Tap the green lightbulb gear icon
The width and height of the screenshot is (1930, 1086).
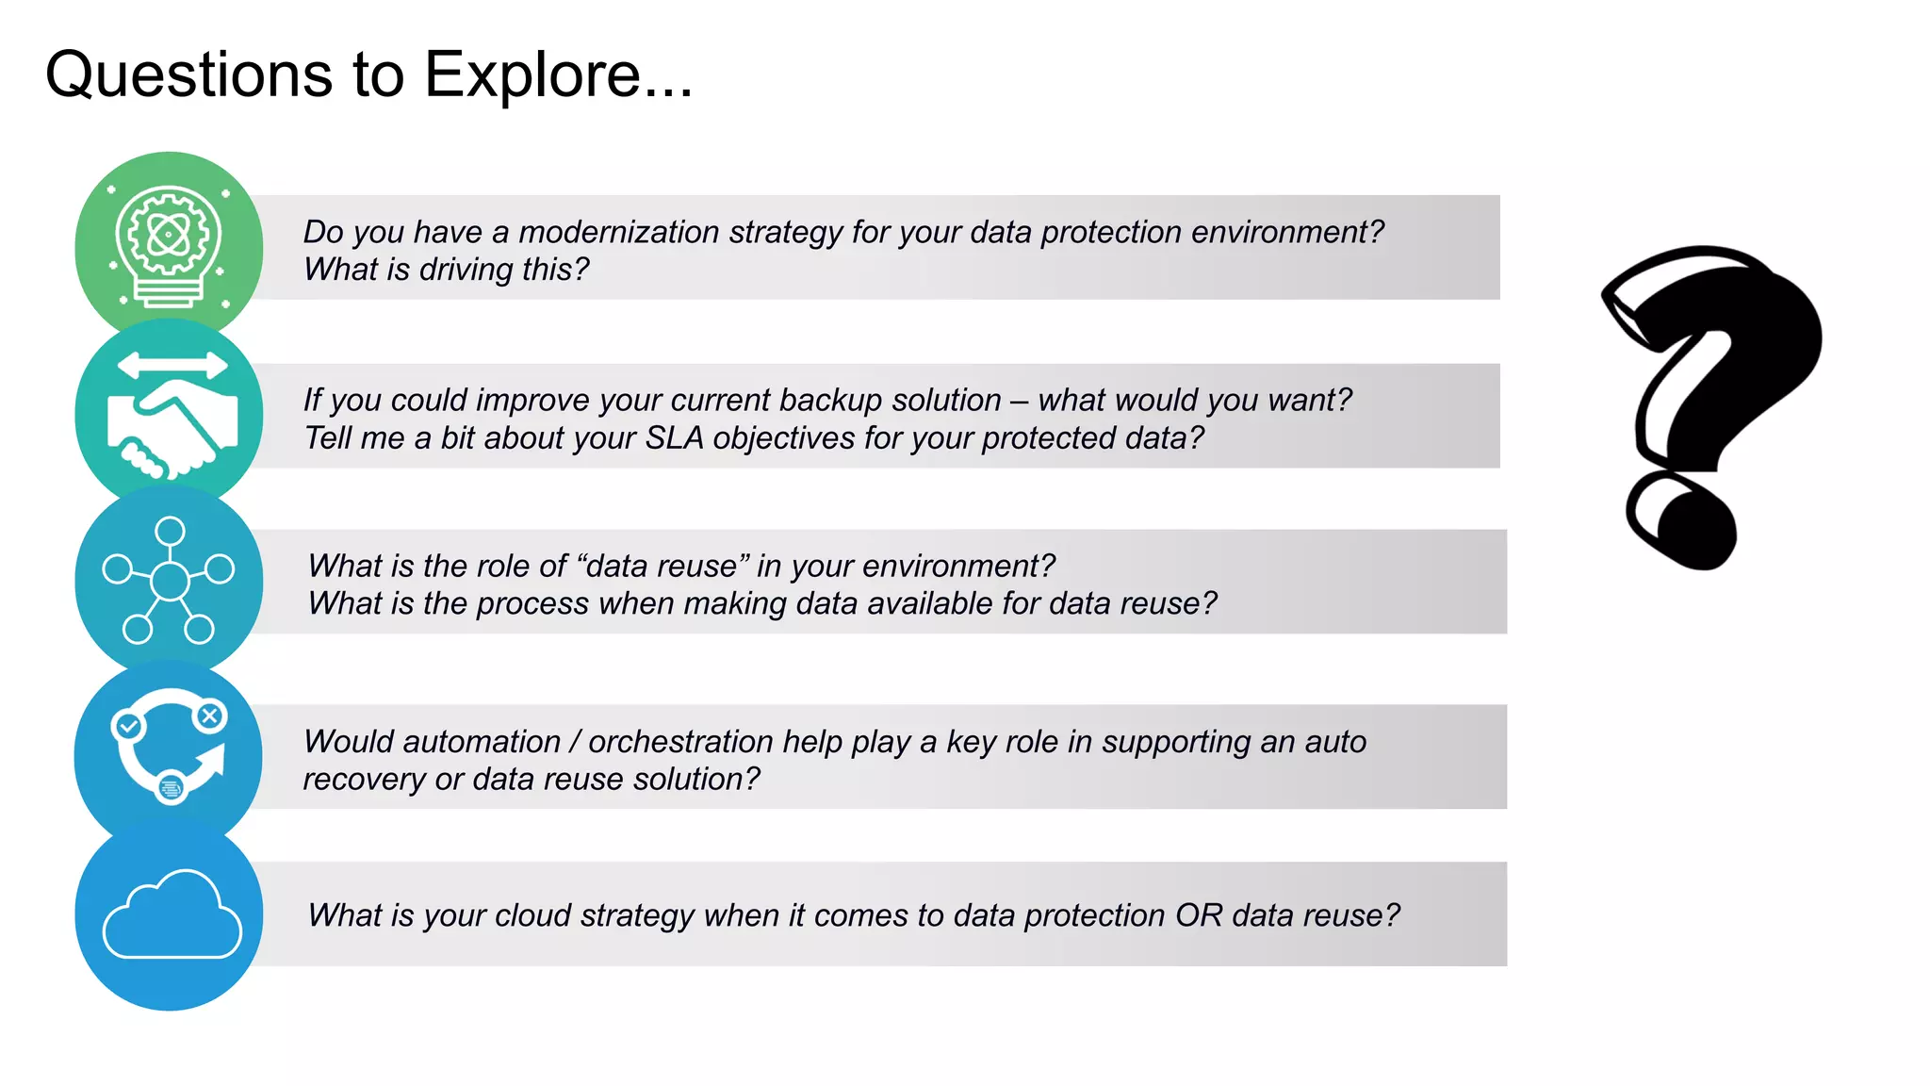(x=169, y=245)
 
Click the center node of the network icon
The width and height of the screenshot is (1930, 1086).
(x=170, y=581)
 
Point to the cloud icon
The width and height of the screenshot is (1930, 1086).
(x=172, y=916)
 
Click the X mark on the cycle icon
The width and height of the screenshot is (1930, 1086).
(x=209, y=716)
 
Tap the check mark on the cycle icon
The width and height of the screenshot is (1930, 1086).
(x=127, y=726)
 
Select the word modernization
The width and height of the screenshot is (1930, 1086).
(x=618, y=232)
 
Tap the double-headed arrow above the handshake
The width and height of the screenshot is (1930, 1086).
(x=172, y=366)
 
